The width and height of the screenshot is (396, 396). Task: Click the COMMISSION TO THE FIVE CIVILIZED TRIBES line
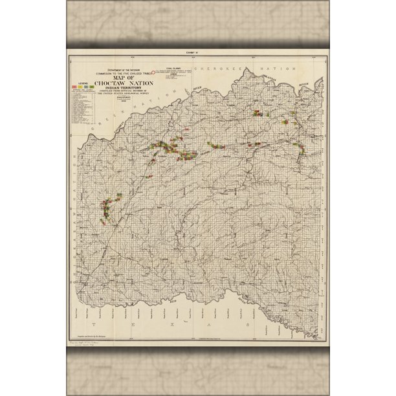click(119, 72)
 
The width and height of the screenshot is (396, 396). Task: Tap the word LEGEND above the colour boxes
click(82, 82)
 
